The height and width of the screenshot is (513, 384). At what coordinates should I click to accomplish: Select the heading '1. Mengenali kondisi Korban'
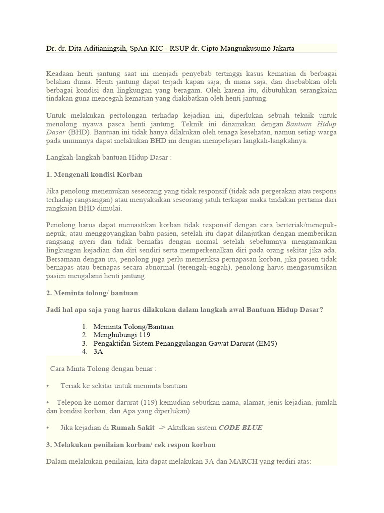94,174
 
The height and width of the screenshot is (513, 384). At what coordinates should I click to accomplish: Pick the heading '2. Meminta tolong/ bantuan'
92,292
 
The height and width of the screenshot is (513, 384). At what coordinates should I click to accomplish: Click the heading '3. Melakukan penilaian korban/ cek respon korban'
131,444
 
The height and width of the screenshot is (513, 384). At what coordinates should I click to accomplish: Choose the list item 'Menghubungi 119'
122,335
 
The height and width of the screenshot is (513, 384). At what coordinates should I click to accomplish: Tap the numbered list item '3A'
98,352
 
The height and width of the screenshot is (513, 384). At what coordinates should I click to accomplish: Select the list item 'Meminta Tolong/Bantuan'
133,327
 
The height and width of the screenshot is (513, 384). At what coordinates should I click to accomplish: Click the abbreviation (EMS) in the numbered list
267,343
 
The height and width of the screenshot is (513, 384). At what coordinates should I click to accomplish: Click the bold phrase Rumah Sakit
132,427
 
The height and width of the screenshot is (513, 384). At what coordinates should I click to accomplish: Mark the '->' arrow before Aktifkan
163,427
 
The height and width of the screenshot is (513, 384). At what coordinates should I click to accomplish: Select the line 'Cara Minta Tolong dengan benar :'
103,369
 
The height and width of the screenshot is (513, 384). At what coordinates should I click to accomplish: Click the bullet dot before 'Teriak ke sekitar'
47,386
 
